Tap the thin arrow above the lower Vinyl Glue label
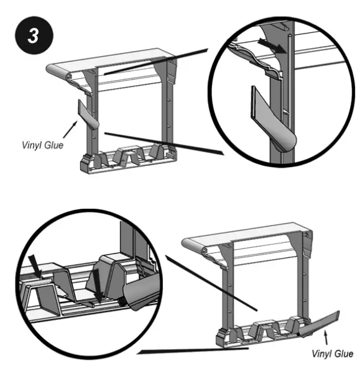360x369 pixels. pyautogui.click(x=325, y=338)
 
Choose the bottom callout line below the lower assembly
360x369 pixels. pyautogui.click(x=193, y=352)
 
